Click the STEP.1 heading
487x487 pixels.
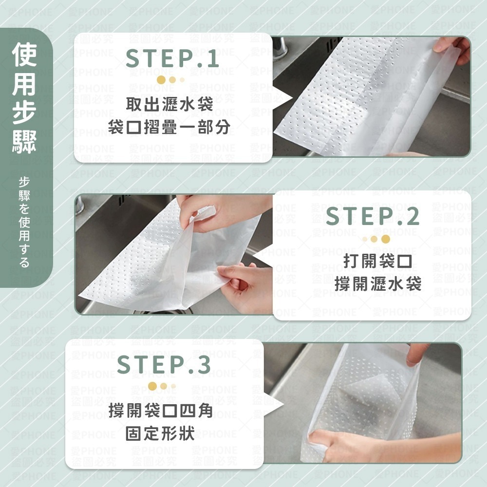click(x=172, y=59)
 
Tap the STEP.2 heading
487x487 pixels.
click(x=373, y=217)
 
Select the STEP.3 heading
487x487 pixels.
click(x=164, y=365)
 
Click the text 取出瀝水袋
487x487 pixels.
click(x=169, y=104)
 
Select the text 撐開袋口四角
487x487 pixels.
click(x=161, y=411)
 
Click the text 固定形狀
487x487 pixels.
click(x=161, y=433)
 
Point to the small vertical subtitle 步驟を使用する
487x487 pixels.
click(x=24, y=222)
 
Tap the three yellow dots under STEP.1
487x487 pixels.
click(x=170, y=80)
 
